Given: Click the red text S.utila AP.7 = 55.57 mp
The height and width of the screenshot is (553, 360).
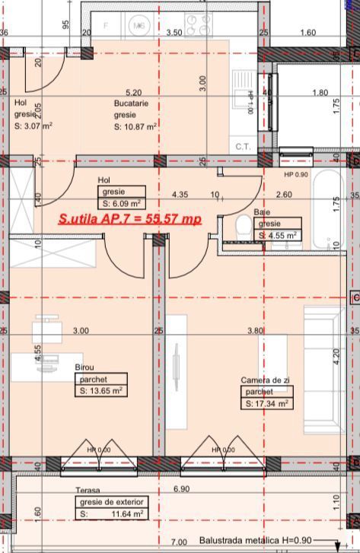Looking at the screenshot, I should click(x=130, y=219).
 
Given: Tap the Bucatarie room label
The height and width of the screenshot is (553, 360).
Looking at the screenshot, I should click(x=131, y=103).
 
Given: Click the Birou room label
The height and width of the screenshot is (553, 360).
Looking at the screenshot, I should click(x=84, y=367).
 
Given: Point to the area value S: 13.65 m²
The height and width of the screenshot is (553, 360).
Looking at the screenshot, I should click(x=100, y=390).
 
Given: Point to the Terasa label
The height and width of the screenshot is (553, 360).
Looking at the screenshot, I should click(x=88, y=491).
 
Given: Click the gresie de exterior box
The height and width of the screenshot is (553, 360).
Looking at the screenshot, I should click(x=112, y=503).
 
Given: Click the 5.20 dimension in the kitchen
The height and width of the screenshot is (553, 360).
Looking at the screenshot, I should click(x=133, y=92).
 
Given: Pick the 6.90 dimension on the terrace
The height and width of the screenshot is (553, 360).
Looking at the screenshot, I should click(x=181, y=489).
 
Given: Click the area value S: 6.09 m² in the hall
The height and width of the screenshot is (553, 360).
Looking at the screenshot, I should click(x=123, y=204).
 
